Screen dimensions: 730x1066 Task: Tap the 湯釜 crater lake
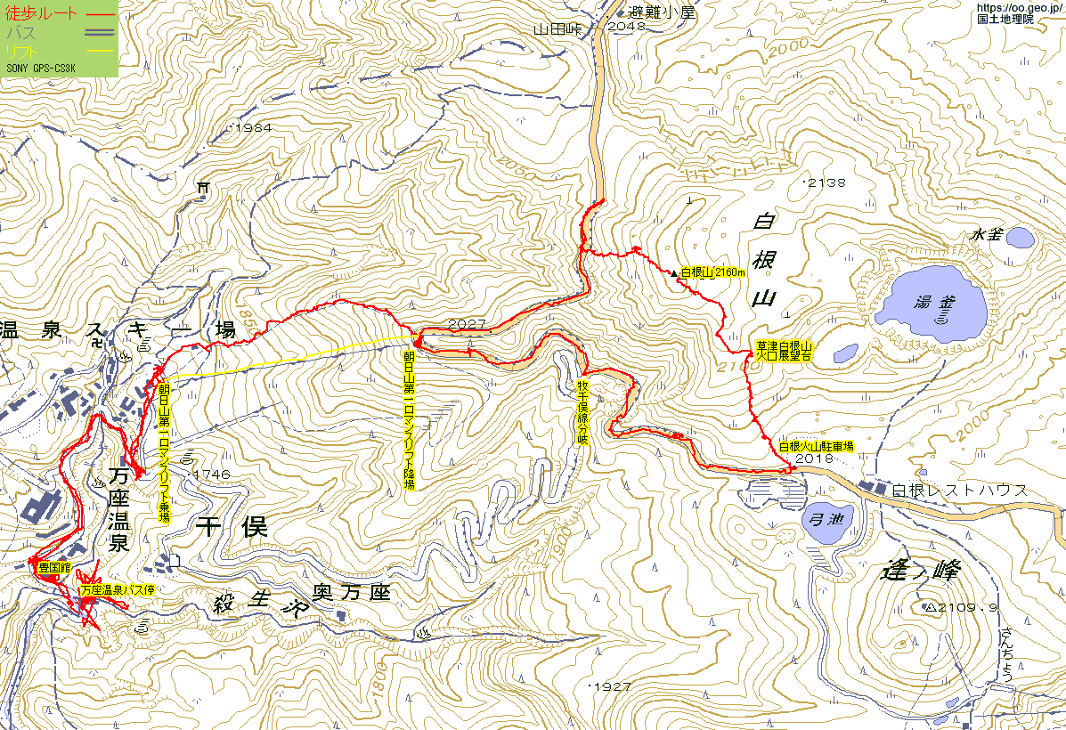click(931, 304)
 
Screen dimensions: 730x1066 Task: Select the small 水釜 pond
click(1020, 237)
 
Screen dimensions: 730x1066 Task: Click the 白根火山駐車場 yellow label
click(816, 447)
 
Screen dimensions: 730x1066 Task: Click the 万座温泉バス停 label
click(118, 590)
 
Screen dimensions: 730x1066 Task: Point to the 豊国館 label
click(53, 566)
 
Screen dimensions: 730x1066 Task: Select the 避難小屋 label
click(660, 12)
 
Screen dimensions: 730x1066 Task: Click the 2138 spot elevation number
click(826, 182)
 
